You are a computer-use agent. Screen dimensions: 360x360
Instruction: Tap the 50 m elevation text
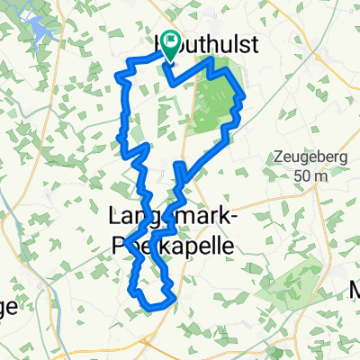click(x=312, y=175)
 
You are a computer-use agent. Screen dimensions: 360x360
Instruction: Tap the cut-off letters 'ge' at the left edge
click(x=8, y=306)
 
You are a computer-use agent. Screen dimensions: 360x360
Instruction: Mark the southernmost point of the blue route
click(x=149, y=308)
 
